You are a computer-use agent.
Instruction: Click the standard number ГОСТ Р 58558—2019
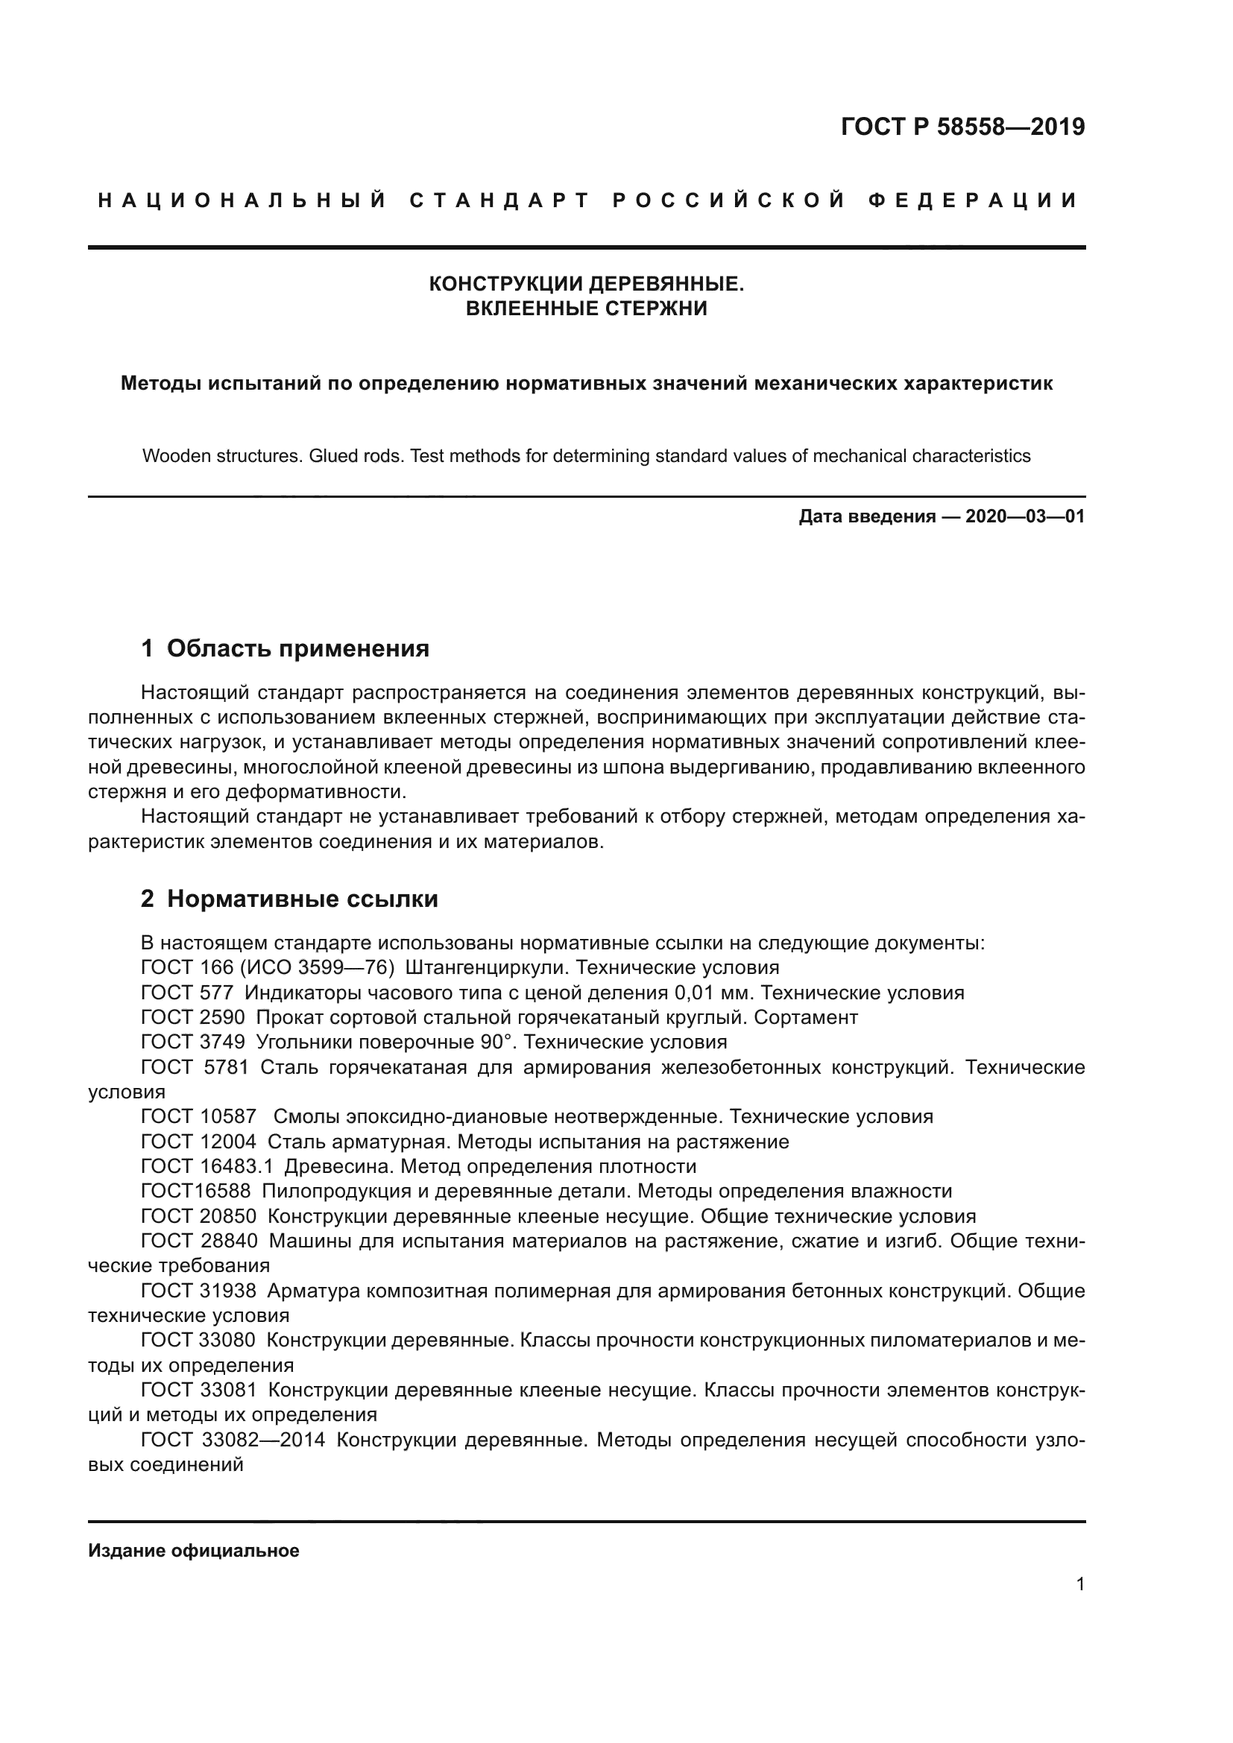coord(962,127)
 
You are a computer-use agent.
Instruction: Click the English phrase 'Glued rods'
coord(355,456)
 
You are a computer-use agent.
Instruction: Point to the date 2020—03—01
coord(1024,517)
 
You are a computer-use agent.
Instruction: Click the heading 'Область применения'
coord(297,648)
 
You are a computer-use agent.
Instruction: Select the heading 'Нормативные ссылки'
coord(302,899)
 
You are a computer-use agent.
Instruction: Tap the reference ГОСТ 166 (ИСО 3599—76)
coord(268,968)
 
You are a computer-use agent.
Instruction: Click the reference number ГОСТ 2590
coord(193,1018)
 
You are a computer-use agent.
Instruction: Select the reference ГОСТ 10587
coord(199,1117)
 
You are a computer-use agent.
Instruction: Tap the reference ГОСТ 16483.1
coord(206,1167)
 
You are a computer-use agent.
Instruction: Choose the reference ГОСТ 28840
coord(199,1241)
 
